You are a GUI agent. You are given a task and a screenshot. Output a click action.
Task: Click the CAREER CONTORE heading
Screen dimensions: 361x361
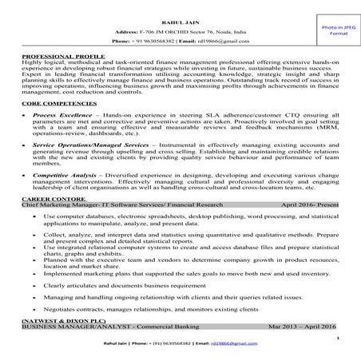tap(50, 199)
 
